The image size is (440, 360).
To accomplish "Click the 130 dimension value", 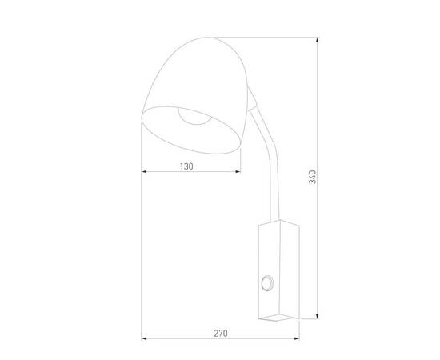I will (x=186, y=166).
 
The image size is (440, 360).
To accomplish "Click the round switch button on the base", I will (x=266, y=282).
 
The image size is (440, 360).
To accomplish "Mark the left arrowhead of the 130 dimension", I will (x=145, y=173).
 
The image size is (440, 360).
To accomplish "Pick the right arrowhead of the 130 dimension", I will (x=242, y=173).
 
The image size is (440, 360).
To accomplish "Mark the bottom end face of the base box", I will (x=276, y=318).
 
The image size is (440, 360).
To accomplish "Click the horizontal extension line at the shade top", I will (x=264, y=35).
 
